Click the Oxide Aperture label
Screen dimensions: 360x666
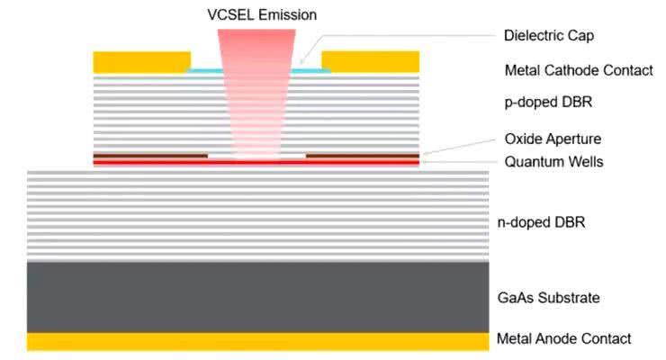[x=553, y=139]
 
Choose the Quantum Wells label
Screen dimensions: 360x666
[x=553, y=162]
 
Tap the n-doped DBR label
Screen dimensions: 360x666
[x=541, y=220]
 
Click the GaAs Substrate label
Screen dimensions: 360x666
[x=548, y=297]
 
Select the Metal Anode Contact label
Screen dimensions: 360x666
[x=564, y=339]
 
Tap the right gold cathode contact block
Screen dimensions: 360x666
[x=370, y=61]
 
